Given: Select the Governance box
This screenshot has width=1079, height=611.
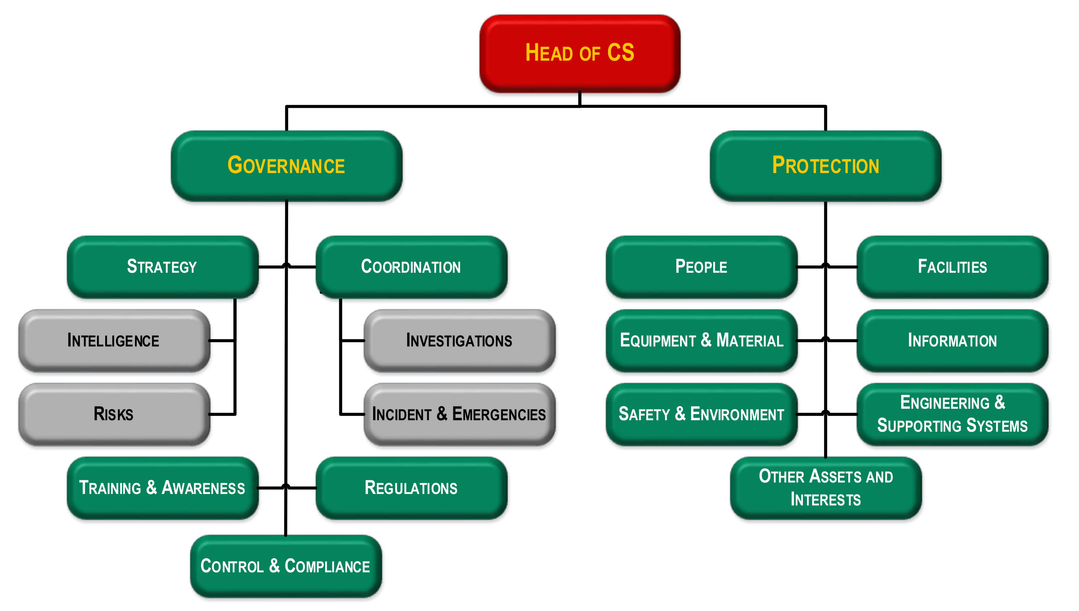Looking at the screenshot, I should coord(286,165).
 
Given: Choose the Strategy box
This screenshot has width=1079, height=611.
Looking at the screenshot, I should coord(162,267).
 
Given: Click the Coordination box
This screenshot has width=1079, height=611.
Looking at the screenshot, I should coord(411,267).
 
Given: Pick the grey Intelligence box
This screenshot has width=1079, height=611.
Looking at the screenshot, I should coord(113,340).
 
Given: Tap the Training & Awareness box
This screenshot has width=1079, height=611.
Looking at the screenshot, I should coord(162,488).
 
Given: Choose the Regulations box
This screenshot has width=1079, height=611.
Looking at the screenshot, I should coord(411,488).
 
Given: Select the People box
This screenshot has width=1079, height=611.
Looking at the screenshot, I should coord(701,267).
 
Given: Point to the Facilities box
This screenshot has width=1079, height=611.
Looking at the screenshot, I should coord(952,267).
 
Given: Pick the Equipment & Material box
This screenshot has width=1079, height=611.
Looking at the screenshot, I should coord(701,340).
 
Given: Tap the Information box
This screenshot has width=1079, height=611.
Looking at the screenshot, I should coord(952,340).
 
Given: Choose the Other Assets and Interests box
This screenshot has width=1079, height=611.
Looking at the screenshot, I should coord(825,488).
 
